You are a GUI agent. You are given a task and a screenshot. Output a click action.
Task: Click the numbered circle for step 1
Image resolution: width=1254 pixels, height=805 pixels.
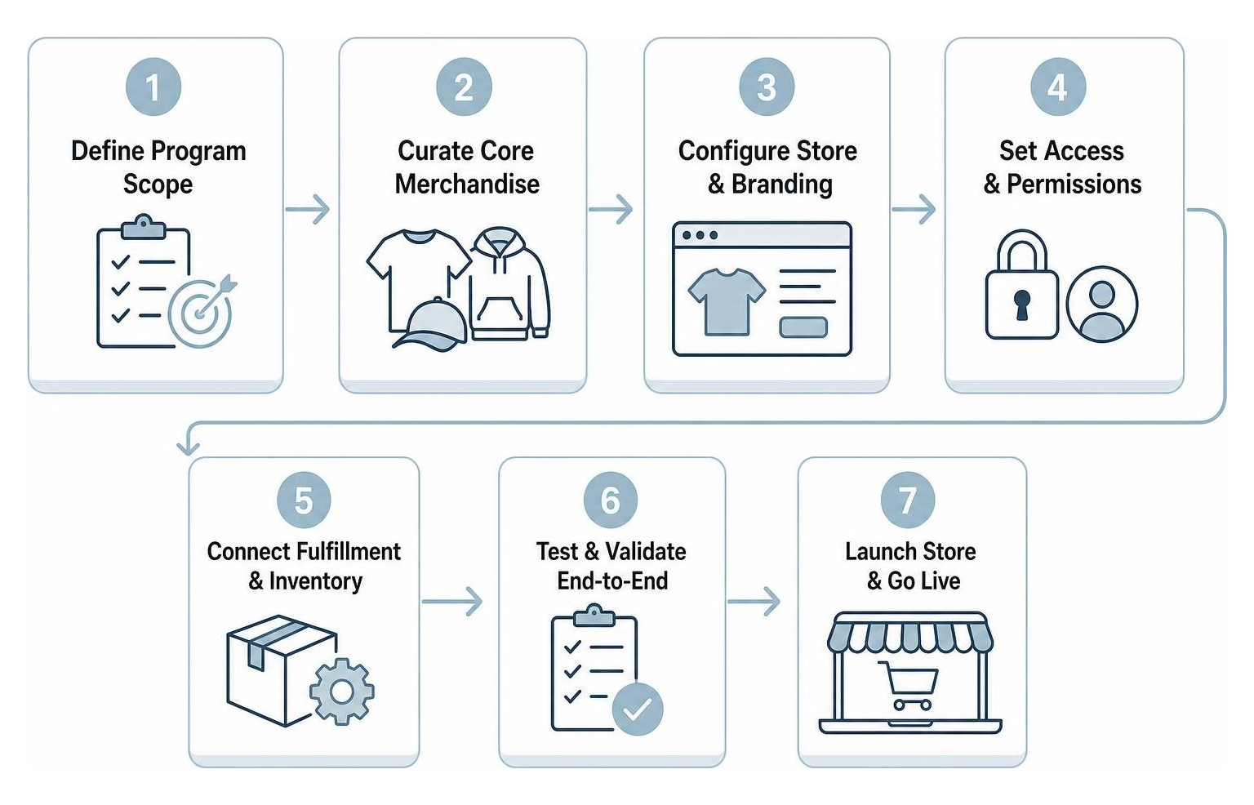tap(153, 87)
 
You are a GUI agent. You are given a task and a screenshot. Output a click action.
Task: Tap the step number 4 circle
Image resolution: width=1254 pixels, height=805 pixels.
tap(1058, 87)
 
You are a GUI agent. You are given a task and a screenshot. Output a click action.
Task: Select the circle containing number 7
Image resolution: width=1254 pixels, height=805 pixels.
tap(908, 500)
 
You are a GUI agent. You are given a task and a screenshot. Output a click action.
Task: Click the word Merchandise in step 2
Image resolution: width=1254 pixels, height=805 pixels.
tap(467, 185)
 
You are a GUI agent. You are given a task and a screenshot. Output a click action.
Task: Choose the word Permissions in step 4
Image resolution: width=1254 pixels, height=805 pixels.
tap(1074, 185)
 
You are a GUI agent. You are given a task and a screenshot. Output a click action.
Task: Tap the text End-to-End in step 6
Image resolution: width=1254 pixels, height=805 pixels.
tap(612, 581)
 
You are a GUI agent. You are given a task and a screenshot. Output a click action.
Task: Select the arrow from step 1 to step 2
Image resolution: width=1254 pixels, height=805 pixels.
tap(307, 209)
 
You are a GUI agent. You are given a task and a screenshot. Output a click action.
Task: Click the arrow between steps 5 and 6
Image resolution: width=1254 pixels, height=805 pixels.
tap(451, 602)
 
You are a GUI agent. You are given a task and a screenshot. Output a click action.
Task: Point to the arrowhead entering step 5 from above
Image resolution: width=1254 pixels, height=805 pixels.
tap(188, 448)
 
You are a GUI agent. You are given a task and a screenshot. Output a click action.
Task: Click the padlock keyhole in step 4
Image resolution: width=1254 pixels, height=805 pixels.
tap(1021, 305)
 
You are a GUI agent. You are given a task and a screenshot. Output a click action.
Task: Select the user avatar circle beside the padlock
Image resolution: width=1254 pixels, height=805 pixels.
tap(1101, 304)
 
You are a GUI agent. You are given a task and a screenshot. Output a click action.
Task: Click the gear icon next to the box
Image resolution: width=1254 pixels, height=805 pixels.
tap(341, 692)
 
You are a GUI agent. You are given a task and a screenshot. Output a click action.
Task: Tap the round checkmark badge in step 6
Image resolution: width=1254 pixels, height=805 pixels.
tap(638, 709)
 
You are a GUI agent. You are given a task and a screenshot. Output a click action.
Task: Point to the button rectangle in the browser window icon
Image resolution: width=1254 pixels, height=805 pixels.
tap(803, 327)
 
